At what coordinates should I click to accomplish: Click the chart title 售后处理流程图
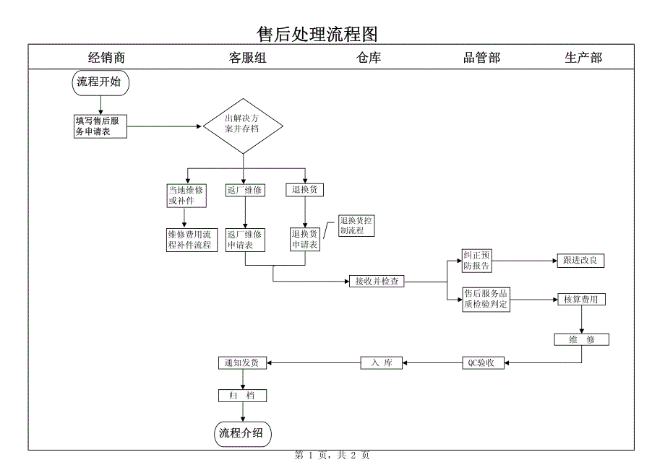(318, 34)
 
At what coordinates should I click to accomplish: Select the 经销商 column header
(107, 58)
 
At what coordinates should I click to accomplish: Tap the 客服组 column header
(248, 58)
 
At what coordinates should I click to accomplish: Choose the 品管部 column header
(481, 58)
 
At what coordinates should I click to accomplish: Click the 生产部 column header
(583, 58)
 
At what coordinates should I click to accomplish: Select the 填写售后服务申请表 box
(100, 126)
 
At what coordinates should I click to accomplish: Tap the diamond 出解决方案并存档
(242, 126)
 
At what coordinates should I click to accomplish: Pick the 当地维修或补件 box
(186, 196)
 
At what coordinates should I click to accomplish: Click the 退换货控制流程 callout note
(356, 226)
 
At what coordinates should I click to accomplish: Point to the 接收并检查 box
(377, 282)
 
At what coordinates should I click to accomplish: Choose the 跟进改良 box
(580, 261)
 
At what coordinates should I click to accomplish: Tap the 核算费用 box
(580, 300)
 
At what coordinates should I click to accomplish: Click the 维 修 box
(581, 339)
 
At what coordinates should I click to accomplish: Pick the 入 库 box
(382, 363)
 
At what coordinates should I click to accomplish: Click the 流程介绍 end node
(242, 433)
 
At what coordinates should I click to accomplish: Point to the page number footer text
(332, 456)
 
